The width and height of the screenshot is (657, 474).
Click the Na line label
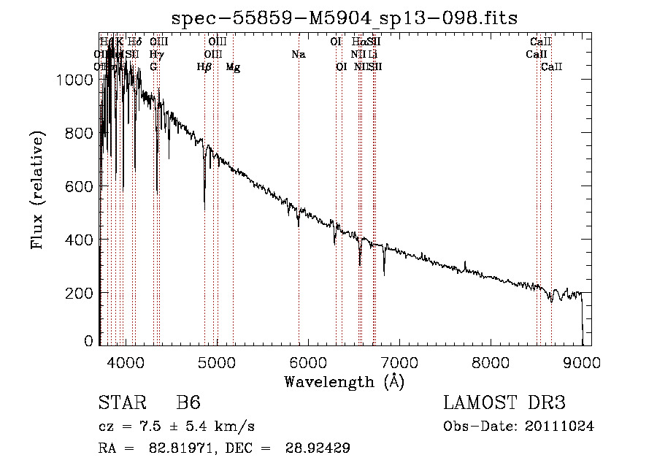298,54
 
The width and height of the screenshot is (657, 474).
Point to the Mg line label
233,67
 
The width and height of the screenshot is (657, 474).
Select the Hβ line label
204,67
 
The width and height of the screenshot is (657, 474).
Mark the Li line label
373,54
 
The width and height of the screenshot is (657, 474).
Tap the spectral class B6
188,403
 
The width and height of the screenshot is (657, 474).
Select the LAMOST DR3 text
504,403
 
